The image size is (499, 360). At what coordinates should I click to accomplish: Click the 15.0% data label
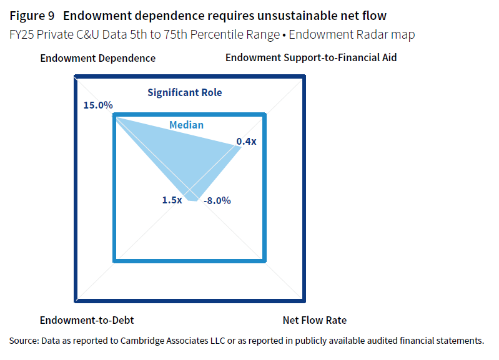click(x=98, y=105)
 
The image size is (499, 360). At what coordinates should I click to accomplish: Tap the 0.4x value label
click(x=246, y=142)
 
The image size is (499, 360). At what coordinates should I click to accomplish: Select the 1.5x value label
click(x=172, y=200)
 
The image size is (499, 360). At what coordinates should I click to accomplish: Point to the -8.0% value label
click(x=217, y=201)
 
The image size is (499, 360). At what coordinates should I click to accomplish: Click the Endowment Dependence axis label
click(x=97, y=58)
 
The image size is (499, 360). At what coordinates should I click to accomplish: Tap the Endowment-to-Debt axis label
click(x=87, y=321)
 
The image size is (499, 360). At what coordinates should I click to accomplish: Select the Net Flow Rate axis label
click(x=314, y=321)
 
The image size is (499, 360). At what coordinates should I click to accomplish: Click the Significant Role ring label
click(x=185, y=92)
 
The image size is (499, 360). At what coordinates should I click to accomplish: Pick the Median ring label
click(x=186, y=125)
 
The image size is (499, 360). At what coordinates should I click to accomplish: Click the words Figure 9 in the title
click(x=32, y=16)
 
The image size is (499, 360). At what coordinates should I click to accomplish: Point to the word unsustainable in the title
click(x=282, y=16)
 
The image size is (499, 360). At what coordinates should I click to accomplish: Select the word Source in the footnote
click(x=23, y=341)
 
